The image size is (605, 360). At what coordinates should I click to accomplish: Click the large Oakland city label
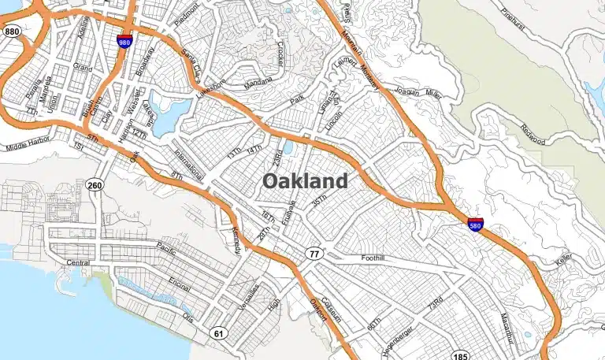tap(304, 181)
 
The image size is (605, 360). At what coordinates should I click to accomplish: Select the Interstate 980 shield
tap(124, 41)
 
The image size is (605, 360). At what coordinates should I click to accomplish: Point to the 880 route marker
tap(12, 32)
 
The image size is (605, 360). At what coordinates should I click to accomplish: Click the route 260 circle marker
tap(95, 186)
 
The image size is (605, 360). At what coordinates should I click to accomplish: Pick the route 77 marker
tap(314, 253)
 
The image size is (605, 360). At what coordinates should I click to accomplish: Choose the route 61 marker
tap(219, 333)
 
